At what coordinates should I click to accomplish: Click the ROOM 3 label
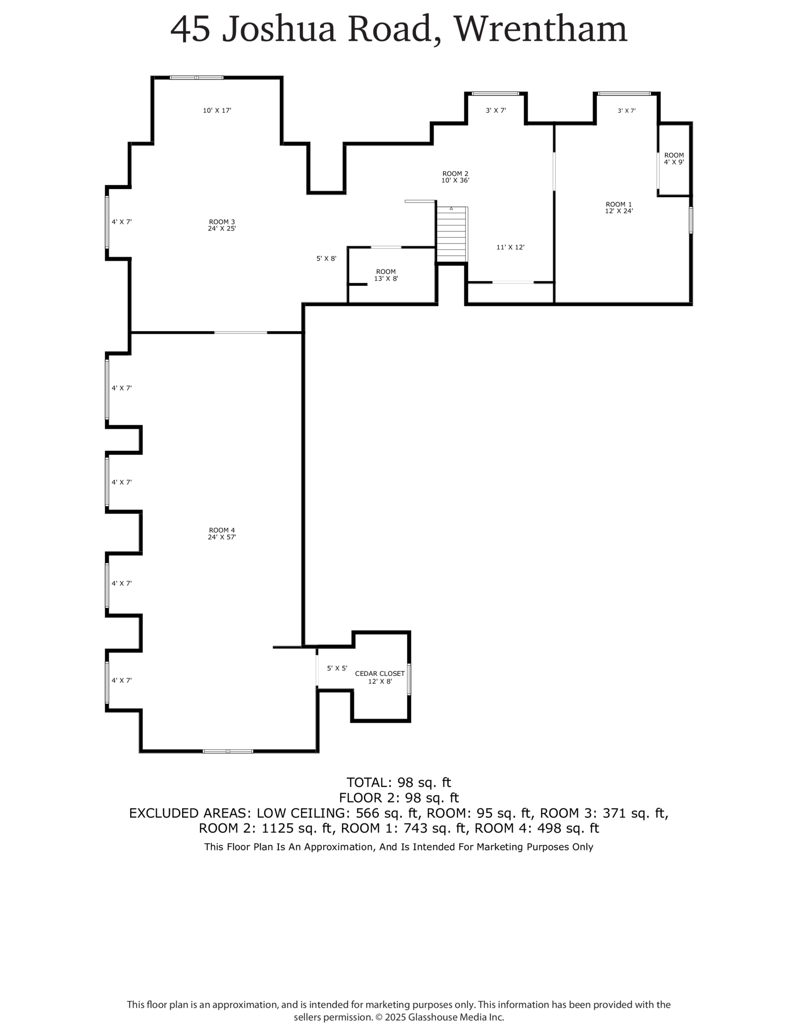tap(221, 225)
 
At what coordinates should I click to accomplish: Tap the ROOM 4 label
tap(221, 533)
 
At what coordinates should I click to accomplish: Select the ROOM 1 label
tap(618, 207)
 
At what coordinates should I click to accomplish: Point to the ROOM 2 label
tap(455, 177)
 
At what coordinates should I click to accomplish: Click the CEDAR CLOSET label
tap(380, 677)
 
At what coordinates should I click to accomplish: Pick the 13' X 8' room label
tap(386, 275)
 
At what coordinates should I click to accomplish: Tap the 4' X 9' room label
tap(673, 159)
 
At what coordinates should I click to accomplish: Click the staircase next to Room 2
tap(451, 233)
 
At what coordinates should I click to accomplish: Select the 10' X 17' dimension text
tap(217, 111)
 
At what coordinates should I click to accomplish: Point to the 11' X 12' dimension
tap(510, 247)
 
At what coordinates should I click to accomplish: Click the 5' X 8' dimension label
tap(326, 258)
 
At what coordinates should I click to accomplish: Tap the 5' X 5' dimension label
tap(337, 668)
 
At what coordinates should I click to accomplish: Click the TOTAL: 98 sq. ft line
tap(399, 782)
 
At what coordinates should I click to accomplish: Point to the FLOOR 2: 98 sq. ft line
tap(399, 797)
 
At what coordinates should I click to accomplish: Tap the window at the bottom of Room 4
tap(227, 751)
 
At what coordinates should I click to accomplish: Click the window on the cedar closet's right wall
tap(409, 679)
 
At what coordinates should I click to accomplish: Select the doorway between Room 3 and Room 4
tap(240, 332)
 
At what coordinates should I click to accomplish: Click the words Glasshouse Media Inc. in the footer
tap(456, 1017)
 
